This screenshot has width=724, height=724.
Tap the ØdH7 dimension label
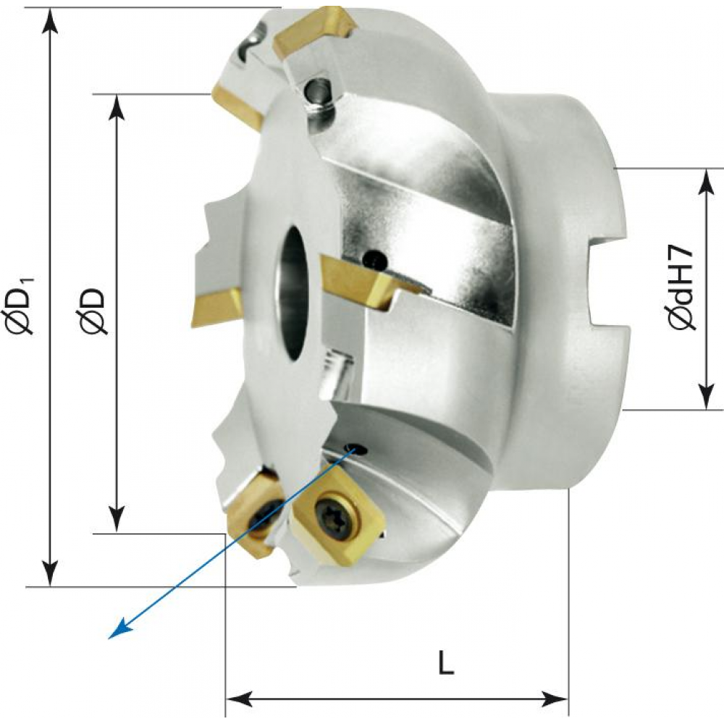coord(682,287)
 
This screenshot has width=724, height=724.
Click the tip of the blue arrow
coord(110,638)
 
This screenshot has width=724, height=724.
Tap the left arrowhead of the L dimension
coord(237,699)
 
